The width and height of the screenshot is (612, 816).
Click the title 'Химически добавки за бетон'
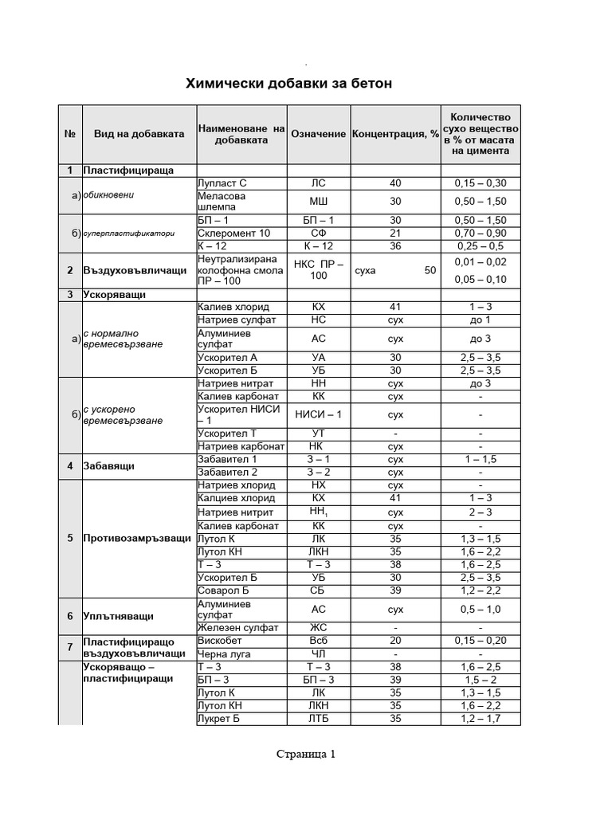[x=288, y=84]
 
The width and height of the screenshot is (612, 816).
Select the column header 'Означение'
[x=318, y=134]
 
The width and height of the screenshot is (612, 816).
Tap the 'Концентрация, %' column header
[x=395, y=134]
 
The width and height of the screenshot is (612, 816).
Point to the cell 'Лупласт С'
[x=222, y=183]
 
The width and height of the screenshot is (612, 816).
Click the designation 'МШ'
[x=318, y=202]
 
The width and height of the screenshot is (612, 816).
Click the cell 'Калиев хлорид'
[x=233, y=307]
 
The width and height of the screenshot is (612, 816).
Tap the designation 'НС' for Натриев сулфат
[x=318, y=320]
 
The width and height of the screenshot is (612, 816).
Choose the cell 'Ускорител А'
[x=228, y=358]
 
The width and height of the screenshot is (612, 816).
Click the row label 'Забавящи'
[x=108, y=465]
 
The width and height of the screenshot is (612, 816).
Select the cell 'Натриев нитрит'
[x=235, y=512]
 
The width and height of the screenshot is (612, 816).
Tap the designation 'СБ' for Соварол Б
[x=318, y=590]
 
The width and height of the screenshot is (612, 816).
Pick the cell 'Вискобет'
[x=219, y=641]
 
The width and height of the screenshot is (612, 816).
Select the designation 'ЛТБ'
[x=318, y=719]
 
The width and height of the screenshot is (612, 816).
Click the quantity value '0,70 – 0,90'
[x=481, y=233]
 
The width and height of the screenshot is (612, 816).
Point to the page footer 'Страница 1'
[x=307, y=754]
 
